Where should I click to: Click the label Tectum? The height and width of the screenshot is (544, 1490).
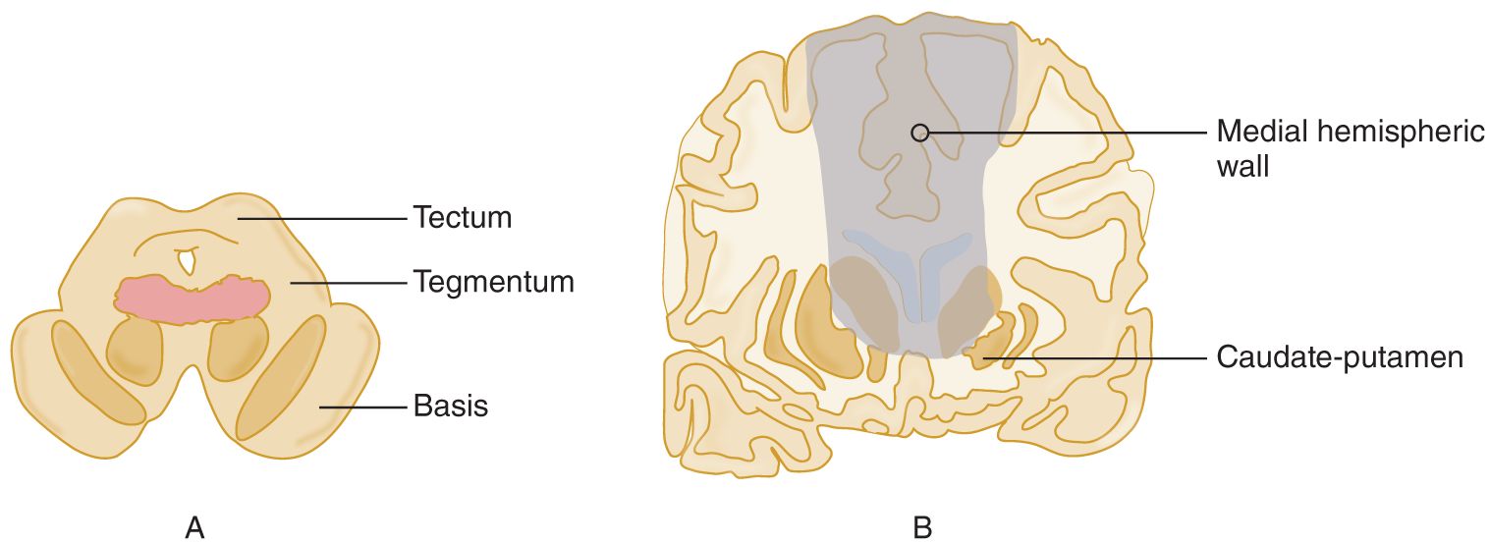(462, 217)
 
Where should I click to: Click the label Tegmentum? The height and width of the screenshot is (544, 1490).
(493, 283)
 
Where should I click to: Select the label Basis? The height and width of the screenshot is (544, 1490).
(450, 405)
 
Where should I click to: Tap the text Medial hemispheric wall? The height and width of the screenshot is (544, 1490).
(1350, 148)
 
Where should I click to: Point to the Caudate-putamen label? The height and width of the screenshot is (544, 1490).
(1340, 356)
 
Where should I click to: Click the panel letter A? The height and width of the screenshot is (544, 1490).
(194, 528)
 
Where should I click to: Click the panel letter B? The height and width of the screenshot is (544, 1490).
(922, 528)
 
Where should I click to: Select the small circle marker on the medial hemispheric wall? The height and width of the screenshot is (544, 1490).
(919, 132)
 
